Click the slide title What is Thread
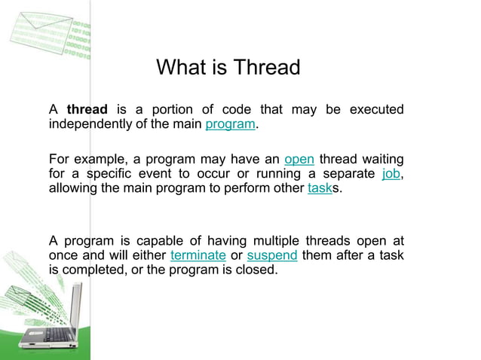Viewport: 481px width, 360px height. click(228, 68)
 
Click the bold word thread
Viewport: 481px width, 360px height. click(87, 110)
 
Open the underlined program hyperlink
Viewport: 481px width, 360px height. click(230, 124)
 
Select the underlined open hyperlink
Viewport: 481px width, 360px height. click(299, 160)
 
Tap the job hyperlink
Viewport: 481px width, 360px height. click(391, 174)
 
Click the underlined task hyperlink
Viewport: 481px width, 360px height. click(320, 188)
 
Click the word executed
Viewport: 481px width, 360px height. click(375, 110)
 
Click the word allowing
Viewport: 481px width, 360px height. click(72, 188)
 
